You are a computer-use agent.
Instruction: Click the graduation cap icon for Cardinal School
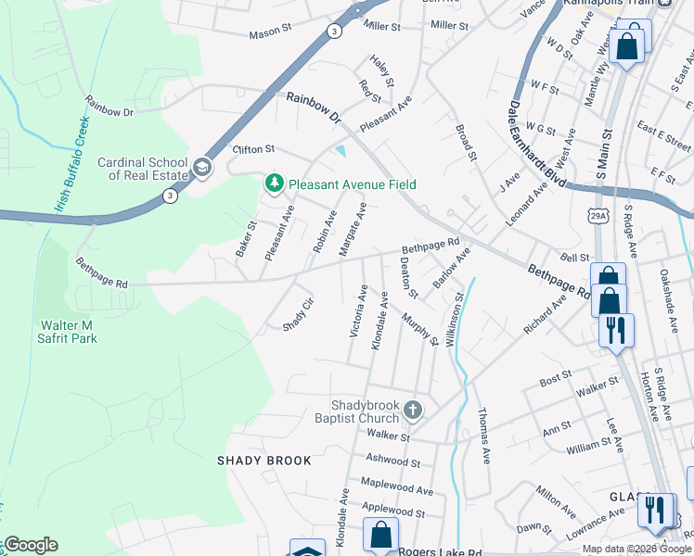click(x=201, y=168)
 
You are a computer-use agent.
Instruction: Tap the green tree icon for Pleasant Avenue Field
click(x=274, y=184)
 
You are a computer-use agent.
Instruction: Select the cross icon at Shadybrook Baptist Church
click(x=413, y=409)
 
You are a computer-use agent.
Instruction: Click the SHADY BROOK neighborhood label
click(x=259, y=461)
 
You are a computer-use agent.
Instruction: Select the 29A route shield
click(x=598, y=216)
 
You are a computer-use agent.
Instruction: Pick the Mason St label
click(x=271, y=35)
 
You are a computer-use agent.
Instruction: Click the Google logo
click(x=31, y=545)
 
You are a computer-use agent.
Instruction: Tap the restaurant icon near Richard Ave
click(x=615, y=330)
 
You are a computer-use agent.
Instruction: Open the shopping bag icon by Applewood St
click(x=380, y=535)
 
